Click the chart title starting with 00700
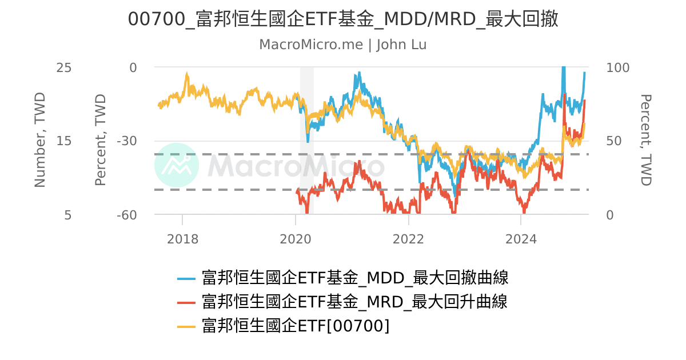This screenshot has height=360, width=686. (x=343, y=19)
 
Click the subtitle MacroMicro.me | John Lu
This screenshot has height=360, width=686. (x=343, y=45)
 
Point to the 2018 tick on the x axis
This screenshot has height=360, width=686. (x=182, y=239)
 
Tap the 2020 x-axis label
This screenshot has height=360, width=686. (x=296, y=239)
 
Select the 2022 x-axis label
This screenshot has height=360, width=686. (x=408, y=239)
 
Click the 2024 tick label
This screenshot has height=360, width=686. (x=521, y=239)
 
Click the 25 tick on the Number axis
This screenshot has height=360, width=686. (x=64, y=67)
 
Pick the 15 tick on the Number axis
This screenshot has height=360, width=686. (x=64, y=141)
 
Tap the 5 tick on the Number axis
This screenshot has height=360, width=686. (x=67, y=215)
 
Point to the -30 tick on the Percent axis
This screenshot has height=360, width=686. (x=127, y=141)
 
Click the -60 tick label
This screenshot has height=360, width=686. (x=127, y=215)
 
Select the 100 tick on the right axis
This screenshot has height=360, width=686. (x=617, y=67)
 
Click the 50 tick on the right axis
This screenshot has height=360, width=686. (x=614, y=141)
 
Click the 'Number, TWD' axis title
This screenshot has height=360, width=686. (x=39, y=140)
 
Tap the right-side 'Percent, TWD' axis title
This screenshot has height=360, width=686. (x=645, y=140)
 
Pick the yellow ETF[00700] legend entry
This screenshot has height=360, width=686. (x=296, y=326)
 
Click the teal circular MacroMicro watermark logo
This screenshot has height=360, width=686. (x=177, y=165)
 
